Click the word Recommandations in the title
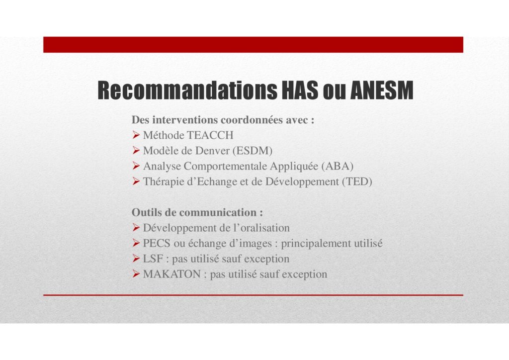(x=187, y=90)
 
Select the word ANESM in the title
(x=382, y=90)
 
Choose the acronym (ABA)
(x=338, y=166)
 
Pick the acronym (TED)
(x=357, y=181)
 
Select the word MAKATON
(x=171, y=274)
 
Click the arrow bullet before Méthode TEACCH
(x=136, y=135)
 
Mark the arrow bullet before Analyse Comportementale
(x=136, y=166)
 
